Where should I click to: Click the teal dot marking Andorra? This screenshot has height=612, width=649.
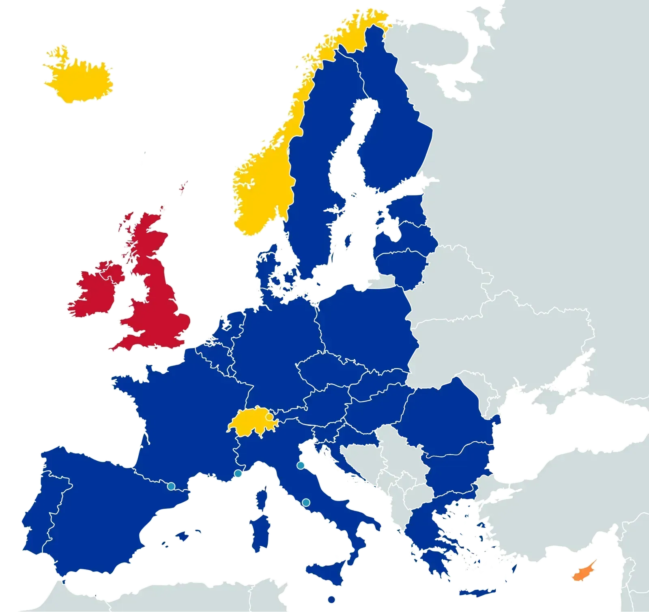(171, 486)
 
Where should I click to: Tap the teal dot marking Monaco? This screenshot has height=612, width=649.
(238, 473)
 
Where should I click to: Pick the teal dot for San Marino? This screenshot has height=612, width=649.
(301, 465)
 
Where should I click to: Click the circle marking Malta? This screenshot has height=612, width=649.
(332, 599)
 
